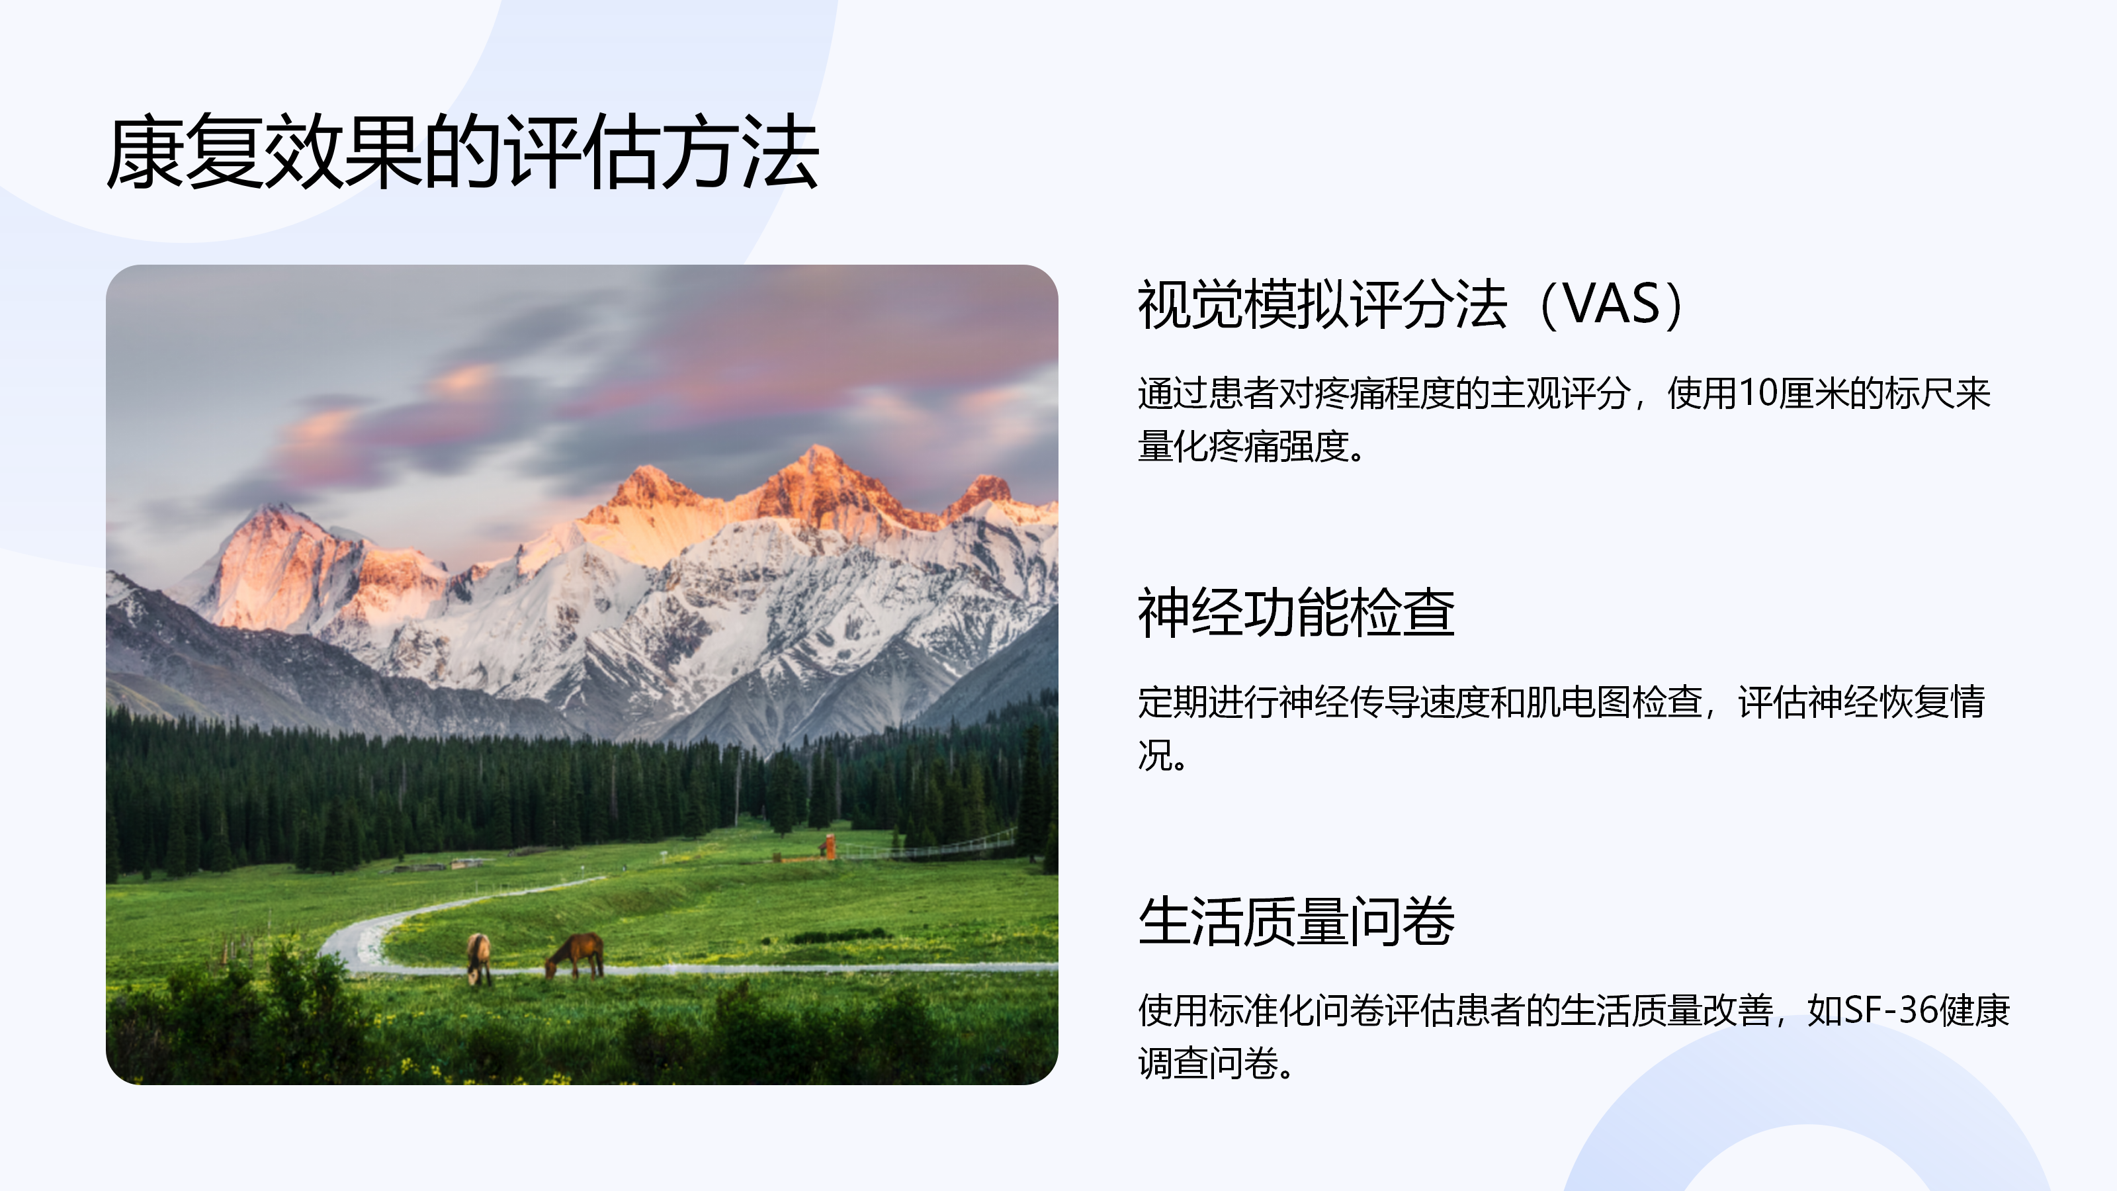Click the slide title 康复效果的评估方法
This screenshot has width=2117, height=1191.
pos(462,152)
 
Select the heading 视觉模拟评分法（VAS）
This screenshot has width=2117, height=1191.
pos(1412,304)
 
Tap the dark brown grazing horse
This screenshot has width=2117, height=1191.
pos(576,955)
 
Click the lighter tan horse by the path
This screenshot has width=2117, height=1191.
pos(478,958)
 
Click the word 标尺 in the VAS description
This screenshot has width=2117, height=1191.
pos(1921,393)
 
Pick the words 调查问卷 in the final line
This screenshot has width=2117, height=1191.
pos(1208,1063)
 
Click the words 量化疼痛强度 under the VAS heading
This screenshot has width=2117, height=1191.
pos(1244,447)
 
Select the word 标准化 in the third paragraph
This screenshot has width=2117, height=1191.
pos(1261,1010)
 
